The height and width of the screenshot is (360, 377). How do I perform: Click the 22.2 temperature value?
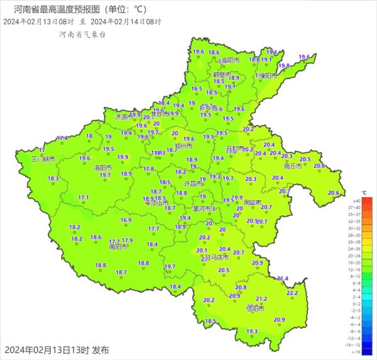tap(292, 293)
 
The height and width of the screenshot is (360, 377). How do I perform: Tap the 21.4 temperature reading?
tap(282, 278)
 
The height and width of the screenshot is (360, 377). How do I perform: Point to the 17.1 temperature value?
tap(84, 197)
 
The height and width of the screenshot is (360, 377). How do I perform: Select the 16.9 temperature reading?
tap(126, 220)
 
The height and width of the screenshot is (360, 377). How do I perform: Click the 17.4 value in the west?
tap(62, 138)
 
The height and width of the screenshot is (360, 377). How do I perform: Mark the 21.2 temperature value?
tap(261, 299)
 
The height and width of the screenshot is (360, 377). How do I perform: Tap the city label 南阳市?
tap(119, 247)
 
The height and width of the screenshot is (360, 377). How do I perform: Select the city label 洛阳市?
tap(102, 168)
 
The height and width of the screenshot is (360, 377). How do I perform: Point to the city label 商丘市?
tap(293, 166)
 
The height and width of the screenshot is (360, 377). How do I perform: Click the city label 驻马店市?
tap(214, 257)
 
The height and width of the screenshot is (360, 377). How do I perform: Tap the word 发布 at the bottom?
tap(101, 350)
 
